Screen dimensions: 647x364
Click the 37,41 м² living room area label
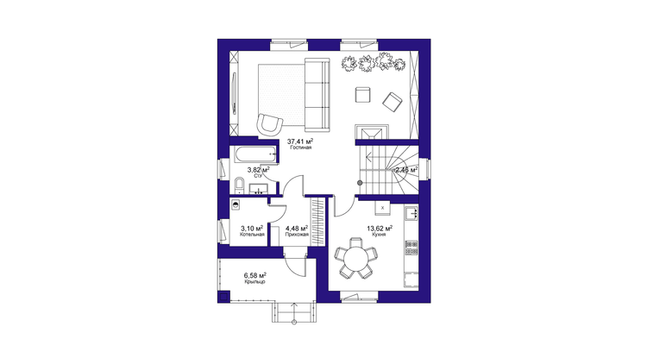[297, 141]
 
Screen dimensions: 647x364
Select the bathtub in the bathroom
[254, 154]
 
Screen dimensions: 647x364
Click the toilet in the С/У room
[239, 185]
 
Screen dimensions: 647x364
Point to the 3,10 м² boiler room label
[252, 228]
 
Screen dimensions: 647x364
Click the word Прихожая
[297, 235]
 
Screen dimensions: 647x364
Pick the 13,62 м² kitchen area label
[380, 228]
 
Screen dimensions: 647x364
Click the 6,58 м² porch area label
[254, 275]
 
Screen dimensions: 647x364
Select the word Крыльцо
[254, 282]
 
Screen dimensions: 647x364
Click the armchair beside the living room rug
[269, 123]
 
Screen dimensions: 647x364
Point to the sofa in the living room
[317, 95]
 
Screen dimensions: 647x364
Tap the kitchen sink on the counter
[411, 213]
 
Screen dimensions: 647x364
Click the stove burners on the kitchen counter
[411, 248]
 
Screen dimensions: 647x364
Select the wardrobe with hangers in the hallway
[317, 221]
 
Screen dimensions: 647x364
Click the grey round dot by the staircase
[360, 182]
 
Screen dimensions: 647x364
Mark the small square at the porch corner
[223, 297]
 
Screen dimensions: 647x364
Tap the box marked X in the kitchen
[382, 208]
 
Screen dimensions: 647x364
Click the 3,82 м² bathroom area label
[258, 170]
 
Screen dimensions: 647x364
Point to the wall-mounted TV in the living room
[235, 93]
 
